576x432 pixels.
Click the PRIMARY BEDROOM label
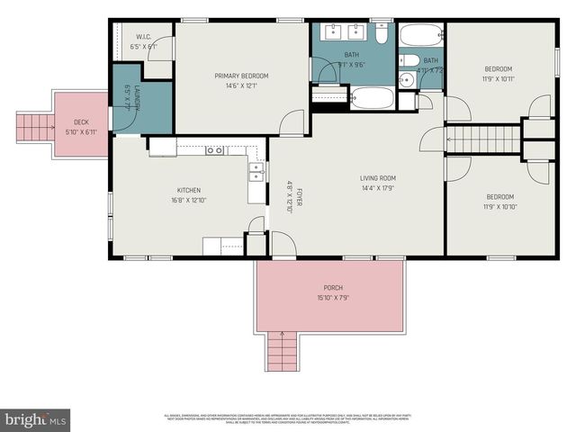241,76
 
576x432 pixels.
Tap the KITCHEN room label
188,190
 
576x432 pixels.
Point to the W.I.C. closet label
143,38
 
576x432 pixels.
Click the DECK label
81,122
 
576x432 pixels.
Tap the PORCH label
332,288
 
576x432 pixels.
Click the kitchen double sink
256,171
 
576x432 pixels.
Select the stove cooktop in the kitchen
214,149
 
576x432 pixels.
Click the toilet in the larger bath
382,35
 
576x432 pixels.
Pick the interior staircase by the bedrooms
483,139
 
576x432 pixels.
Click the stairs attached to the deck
34,127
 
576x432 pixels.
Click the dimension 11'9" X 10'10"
500,207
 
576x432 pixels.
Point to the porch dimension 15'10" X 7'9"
332,298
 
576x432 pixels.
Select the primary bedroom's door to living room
292,123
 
